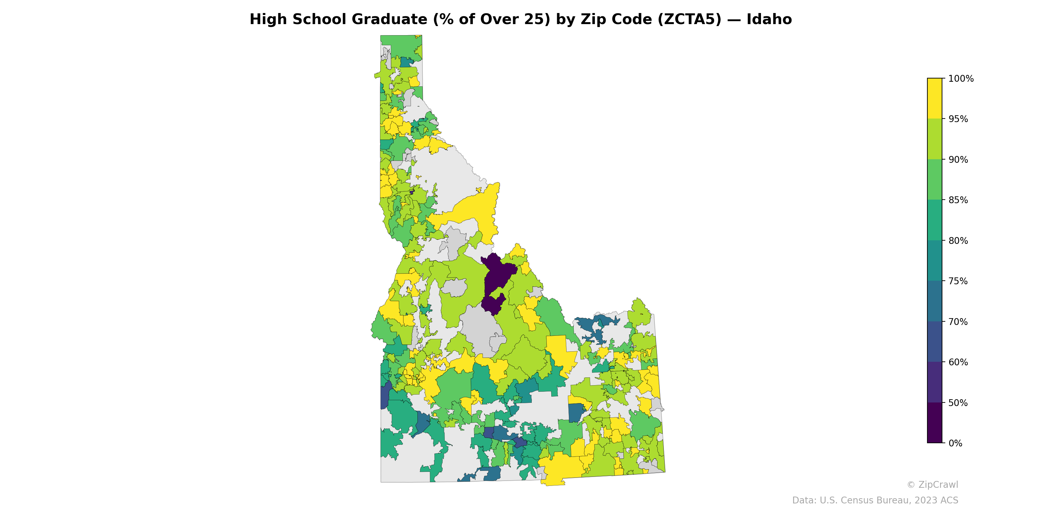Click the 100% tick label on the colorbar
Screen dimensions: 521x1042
(961, 79)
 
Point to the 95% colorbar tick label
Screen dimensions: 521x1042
(958, 119)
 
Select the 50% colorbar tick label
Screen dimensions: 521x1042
(958, 403)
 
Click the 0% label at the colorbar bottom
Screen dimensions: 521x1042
(955, 443)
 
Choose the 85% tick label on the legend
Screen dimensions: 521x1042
(958, 200)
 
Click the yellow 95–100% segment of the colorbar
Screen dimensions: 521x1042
(935, 98)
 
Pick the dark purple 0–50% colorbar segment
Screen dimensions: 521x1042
(935, 423)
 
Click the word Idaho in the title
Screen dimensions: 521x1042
(769, 20)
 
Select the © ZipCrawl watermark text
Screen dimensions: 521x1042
(932, 485)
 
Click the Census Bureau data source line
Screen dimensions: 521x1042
(875, 500)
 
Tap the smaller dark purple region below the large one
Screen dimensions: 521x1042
(493, 304)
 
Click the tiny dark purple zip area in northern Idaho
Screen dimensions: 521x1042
(412, 192)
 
